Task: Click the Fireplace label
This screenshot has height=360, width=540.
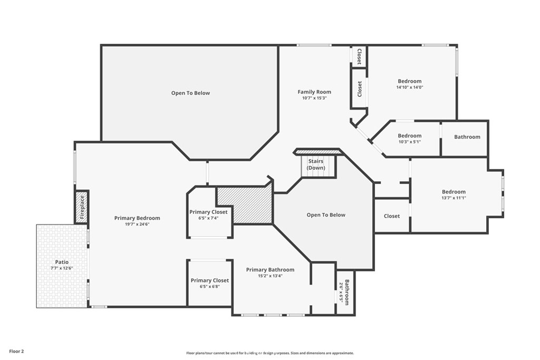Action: [x=82, y=207]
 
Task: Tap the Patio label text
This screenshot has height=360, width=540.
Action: [x=62, y=262]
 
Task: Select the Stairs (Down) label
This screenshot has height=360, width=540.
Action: [x=316, y=164]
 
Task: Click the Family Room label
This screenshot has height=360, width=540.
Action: [x=314, y=92]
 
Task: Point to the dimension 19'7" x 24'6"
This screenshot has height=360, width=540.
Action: [x=137, y=224]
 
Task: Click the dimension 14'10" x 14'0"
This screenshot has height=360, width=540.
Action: [x=409, y=87]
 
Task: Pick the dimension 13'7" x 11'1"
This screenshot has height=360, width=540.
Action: [x=454, y=198]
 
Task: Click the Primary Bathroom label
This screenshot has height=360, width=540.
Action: [x=270, y=269]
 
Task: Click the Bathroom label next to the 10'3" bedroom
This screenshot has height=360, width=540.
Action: [x=467, y=137]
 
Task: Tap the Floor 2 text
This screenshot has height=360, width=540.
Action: [x=16, y=352]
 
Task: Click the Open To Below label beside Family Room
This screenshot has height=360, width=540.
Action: [x=190, y=93]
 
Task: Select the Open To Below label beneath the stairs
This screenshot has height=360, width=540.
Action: [x=326, y=215]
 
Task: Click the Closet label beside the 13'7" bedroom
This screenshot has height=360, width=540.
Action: [x=392, y=216]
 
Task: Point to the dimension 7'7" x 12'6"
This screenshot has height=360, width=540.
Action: [x=62, y=268]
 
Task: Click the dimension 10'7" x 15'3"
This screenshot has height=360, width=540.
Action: [x=314, y=98]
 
